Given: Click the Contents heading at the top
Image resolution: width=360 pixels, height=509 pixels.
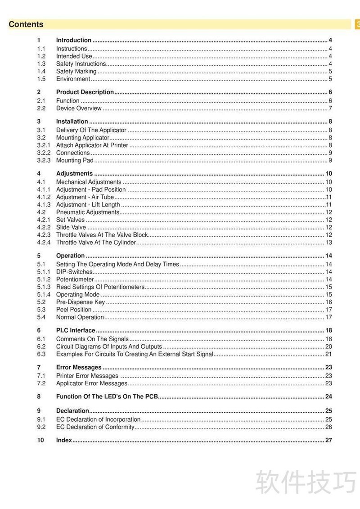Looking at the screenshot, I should tap(26, 24).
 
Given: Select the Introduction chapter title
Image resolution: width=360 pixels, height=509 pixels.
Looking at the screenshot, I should tap(74, 40).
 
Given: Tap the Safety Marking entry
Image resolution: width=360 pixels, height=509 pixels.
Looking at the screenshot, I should tap(76, 71).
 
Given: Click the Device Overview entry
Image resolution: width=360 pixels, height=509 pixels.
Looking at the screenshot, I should tap(79, 108).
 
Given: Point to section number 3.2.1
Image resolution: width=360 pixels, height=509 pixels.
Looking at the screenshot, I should tap(43, 145).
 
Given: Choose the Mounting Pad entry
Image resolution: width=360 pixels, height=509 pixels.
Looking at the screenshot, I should tap(75, 160).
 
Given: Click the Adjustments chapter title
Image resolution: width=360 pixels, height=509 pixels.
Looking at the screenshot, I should tap(74, 173).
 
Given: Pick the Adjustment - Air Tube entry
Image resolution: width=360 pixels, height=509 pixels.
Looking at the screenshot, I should tap(85, 197).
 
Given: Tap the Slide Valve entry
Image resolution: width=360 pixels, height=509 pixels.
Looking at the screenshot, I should tap(71, 227).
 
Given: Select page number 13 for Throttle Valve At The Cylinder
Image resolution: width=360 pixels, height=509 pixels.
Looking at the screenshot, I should tap(328, 243).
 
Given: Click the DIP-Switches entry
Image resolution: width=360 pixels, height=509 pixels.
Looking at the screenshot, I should tap(74, 272).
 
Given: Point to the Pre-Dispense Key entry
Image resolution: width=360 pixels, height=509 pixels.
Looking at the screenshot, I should tap(81, 302).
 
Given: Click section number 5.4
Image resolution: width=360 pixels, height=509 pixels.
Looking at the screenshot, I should tap(41, 317).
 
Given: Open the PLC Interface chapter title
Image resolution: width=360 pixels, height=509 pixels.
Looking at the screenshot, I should tap(76, 330).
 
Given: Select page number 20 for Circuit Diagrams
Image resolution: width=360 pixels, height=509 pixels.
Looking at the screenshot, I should tap(328, 347).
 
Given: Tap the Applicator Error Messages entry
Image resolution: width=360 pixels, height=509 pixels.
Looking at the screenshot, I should tap(92, 383).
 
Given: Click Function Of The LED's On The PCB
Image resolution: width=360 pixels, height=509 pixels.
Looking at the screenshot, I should tap(107, 396).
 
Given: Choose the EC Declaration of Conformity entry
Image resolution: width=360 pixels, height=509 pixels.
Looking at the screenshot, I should tap(95, 427).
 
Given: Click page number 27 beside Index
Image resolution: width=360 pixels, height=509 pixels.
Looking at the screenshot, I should tap(328, 440).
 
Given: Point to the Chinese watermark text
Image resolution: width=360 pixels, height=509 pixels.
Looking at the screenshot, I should tap(306, 482).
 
